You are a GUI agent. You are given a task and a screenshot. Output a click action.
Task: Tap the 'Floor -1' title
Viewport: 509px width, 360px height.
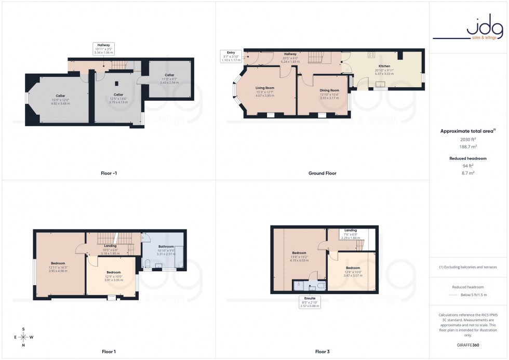click(x=109, y=173)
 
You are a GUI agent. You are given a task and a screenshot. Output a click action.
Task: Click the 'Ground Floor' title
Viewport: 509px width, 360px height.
click(x=323, y=173)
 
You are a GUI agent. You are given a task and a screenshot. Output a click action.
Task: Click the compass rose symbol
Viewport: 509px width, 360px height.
click(x=23, y=337)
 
